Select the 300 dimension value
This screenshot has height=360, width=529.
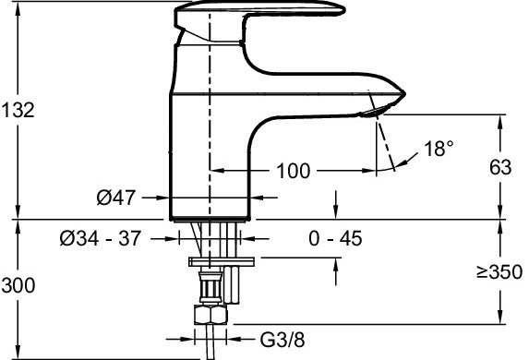tap(18, 286)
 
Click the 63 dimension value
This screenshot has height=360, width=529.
tap(499, 167)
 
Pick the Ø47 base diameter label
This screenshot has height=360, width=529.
tap(115, 197)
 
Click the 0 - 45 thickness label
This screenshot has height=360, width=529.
tap(335, 238)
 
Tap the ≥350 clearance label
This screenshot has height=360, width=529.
tap(493, 274)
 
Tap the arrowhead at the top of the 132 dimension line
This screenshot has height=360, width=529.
tap(16, 5)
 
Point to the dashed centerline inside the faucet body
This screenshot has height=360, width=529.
tap(211, 111)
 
